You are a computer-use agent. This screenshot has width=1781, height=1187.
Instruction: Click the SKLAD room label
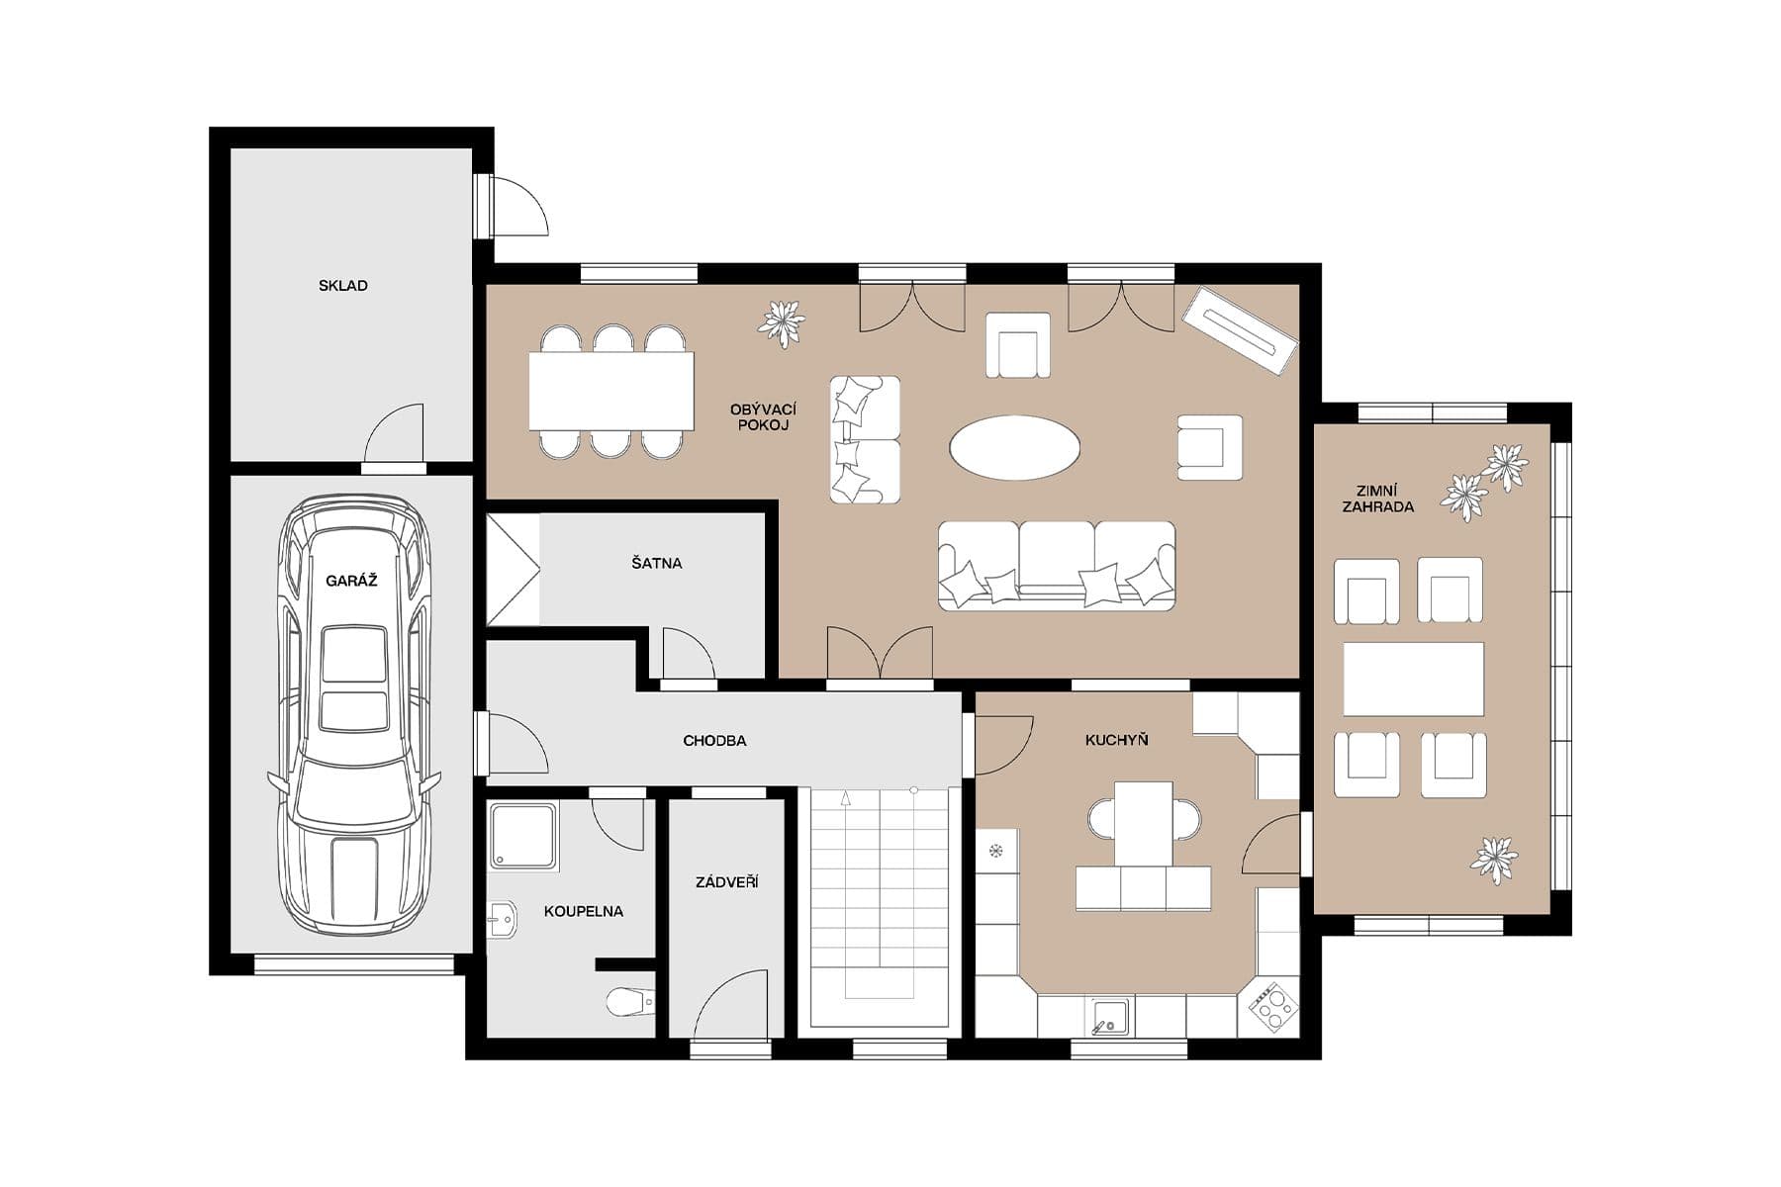pos(342,286)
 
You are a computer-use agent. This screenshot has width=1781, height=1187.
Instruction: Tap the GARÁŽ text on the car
pos(351,581)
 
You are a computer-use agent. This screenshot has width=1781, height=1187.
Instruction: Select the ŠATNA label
pos(656,563)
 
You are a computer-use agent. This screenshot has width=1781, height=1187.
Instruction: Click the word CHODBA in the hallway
pos(714,740)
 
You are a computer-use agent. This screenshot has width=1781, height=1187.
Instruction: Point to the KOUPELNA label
pos(583,911)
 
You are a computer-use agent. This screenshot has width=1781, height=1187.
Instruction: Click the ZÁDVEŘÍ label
pos(726,881)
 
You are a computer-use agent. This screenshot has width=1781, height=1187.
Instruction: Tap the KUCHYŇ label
pos(1116,740)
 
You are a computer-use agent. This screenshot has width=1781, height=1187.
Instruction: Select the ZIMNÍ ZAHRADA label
pos(1377,499)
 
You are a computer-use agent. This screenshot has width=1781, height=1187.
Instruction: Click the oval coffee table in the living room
pos(1014,448)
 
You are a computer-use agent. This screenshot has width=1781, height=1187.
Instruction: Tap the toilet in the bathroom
pos(629,1002)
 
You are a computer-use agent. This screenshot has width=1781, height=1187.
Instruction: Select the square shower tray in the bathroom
pos(522,837)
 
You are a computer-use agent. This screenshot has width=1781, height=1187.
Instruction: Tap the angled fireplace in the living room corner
pos(1240,330)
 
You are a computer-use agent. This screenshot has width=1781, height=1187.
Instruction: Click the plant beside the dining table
pos(782,322)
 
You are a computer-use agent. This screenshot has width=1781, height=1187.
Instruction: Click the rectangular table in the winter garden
pos(1413,679)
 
